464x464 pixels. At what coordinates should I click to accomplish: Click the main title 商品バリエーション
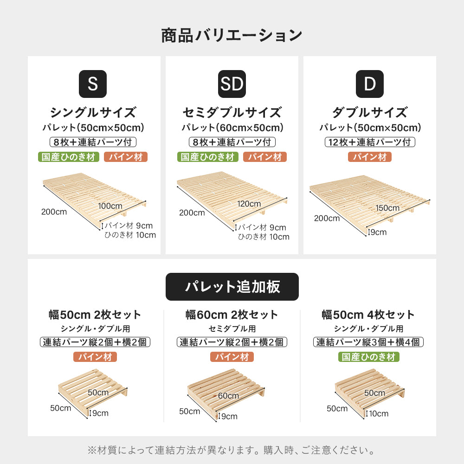coord(232,36)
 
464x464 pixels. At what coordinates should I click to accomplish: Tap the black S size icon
coord(93,84)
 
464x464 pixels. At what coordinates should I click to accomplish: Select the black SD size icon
coord(232,84)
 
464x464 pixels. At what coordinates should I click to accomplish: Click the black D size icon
coord(370,84)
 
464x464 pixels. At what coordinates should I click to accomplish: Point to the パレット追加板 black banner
coord(232,287)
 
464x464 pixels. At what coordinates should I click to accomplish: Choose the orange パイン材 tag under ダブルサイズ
coord(370,157)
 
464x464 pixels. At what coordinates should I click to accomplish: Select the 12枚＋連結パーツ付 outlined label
coord(370,142)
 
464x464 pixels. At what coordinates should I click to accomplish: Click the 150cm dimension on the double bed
coord(387,208)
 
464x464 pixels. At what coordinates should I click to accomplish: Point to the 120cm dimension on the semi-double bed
coord(249,204)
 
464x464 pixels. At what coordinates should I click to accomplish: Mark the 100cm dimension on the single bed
coord(110,206)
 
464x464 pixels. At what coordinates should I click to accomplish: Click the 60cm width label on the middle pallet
coord(228,396)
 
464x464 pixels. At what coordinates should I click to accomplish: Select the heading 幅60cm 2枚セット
coord(232,315)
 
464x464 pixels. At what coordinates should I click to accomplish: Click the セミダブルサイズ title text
coord(232,112)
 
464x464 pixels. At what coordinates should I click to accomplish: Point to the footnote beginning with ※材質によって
coord(232,450)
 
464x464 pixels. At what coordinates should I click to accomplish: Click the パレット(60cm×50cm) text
coord(232,128)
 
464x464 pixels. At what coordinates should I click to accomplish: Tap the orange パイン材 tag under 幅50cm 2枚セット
coord(95,357)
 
